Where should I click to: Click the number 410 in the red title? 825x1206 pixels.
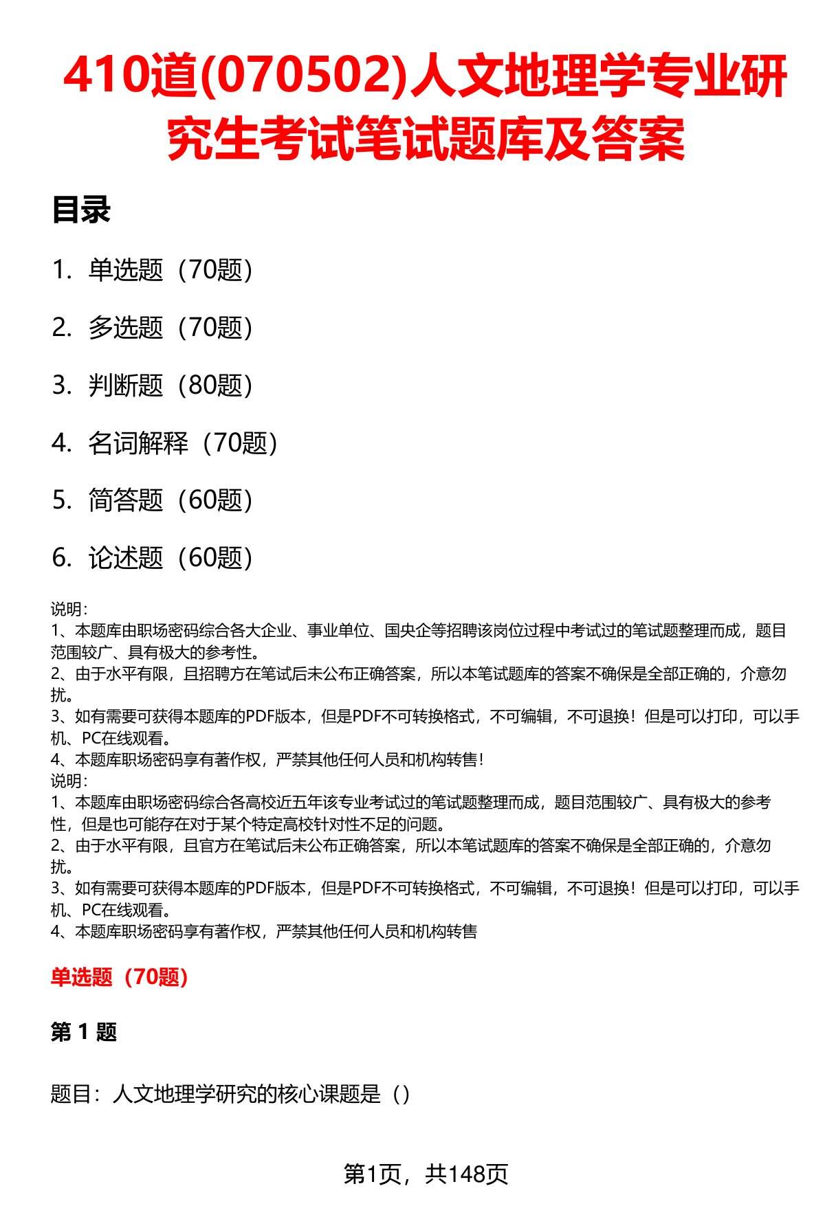pyautogui.click(x=104, y=77)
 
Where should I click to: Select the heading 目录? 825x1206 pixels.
pyautogui.click(x=81, y=210)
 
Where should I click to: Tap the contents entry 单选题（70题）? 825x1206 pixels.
pyautogui.click(x=170, y=270)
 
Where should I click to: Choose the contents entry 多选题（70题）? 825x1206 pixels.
pyautogui.click(x=170, y=328)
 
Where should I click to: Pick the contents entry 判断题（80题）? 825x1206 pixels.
pyautogui.click(x=170, y=386)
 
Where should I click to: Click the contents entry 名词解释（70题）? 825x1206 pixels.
pyautogui.click(x=183, y=443)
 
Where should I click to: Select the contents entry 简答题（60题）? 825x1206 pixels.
pyautogui.click(x=170, y=500)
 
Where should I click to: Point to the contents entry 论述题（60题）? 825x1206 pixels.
pyautogui.click(x=170, y=558)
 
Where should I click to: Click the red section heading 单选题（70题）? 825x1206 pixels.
pyautogui.click(x=120, y=976)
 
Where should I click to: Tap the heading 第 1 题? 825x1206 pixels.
pyautogui.click(x=84, y=1031)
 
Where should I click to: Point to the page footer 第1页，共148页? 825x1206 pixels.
pyautogui.click(x=426, y=1174)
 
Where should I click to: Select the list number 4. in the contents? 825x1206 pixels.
pyautogui.click(x=62, y=443)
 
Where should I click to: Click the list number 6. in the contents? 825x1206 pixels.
pyautogui.click(x=62, y=558)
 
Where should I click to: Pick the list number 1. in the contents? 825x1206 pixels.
pyautogui.click(x=62, y=270)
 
